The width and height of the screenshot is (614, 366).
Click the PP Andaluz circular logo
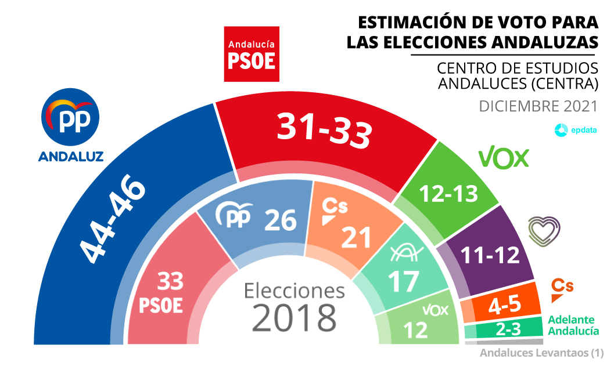click(70, 119)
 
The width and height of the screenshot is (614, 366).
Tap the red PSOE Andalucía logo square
click(252, 54)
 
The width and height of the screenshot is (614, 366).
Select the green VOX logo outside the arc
click(503, 157)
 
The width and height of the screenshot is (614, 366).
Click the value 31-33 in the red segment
click(324, 128)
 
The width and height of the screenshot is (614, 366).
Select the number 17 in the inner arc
click(403, 281)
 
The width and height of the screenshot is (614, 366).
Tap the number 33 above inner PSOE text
click(169, 282)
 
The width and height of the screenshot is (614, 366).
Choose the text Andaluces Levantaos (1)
click(541, 353)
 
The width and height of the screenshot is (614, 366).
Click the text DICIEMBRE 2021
click(538, 107)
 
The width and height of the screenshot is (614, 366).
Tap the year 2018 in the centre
click(295, 317)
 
